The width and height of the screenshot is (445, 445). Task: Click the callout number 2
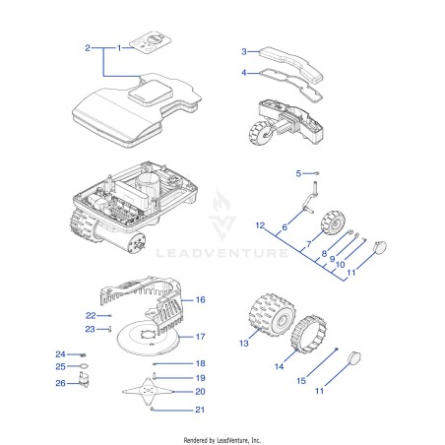click(x=88, y=48)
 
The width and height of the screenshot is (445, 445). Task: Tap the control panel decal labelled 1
click(x=151, y=42)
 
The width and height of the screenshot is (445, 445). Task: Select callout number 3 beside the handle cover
click(x=244, y=51)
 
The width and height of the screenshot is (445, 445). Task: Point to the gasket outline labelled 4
click(x=290, y=85)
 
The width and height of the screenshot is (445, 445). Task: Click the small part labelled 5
click(x=317, y=173)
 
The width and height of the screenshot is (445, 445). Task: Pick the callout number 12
click(x=260, y=225)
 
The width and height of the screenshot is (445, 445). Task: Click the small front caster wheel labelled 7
click(x=333, y=222)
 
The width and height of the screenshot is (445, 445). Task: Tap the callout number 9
click(x=332, y=259)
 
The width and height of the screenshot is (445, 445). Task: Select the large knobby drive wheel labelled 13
click(x=272, y=316)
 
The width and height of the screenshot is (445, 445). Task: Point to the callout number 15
click(x=301, y=381)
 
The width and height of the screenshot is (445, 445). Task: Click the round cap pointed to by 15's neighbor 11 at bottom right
click(x=354, y=357)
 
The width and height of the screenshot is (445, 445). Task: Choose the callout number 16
click(x=201, y=299)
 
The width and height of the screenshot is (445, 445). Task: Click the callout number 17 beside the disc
click(x=201, y=337)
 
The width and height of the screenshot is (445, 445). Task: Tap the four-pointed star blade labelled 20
click(x=148, y=391)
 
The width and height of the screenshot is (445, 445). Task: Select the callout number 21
click(x=200, y=410)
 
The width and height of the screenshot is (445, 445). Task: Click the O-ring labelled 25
click(x=84, y=366)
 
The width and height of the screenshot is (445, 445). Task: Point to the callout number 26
click(x=60, y=383)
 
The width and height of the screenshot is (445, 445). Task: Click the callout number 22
click(x=91, y=315)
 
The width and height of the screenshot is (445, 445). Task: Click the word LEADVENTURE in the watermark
click(x=222, y=253)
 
